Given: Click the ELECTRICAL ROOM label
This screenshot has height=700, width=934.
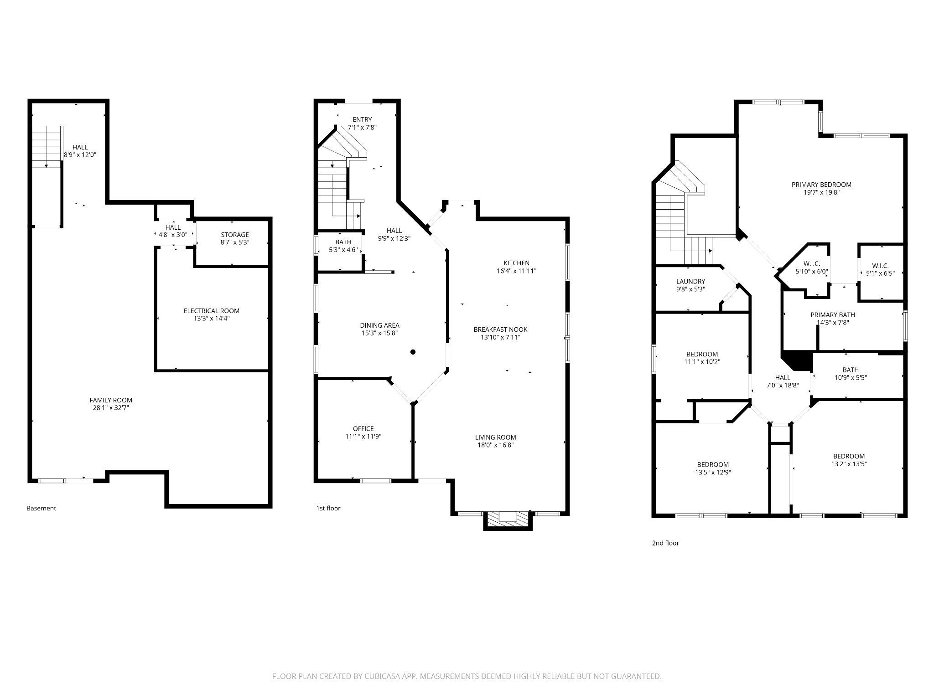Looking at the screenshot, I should pos(211,311).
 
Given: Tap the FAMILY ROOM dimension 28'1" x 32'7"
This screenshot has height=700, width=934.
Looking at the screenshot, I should pos(111,408).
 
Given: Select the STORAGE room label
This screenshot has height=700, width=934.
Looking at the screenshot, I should pos(235,235).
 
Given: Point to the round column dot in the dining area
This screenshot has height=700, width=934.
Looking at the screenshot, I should pos(413,352).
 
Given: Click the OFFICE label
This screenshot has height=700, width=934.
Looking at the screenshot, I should pos(363,428).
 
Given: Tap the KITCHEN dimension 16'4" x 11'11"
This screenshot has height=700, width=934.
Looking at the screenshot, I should pos(516,271).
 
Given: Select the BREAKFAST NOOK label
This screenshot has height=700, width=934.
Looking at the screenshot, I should pos(500,329).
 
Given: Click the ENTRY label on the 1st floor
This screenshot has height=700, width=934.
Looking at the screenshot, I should pos(362,120).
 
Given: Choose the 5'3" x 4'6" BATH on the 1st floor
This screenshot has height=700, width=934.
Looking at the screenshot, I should pos(343,246).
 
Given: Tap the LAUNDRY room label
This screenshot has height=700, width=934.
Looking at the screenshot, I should pos(690,282).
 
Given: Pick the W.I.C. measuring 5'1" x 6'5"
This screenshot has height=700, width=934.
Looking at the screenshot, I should pos(880,269).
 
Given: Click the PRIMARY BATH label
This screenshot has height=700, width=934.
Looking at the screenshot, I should pos(832,315).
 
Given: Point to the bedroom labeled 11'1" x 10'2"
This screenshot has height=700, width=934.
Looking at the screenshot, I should pos(702,358).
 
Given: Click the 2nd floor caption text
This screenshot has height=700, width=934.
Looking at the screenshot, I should pos(665,543).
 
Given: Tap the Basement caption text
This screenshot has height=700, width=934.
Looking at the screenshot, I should pos(41,508).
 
